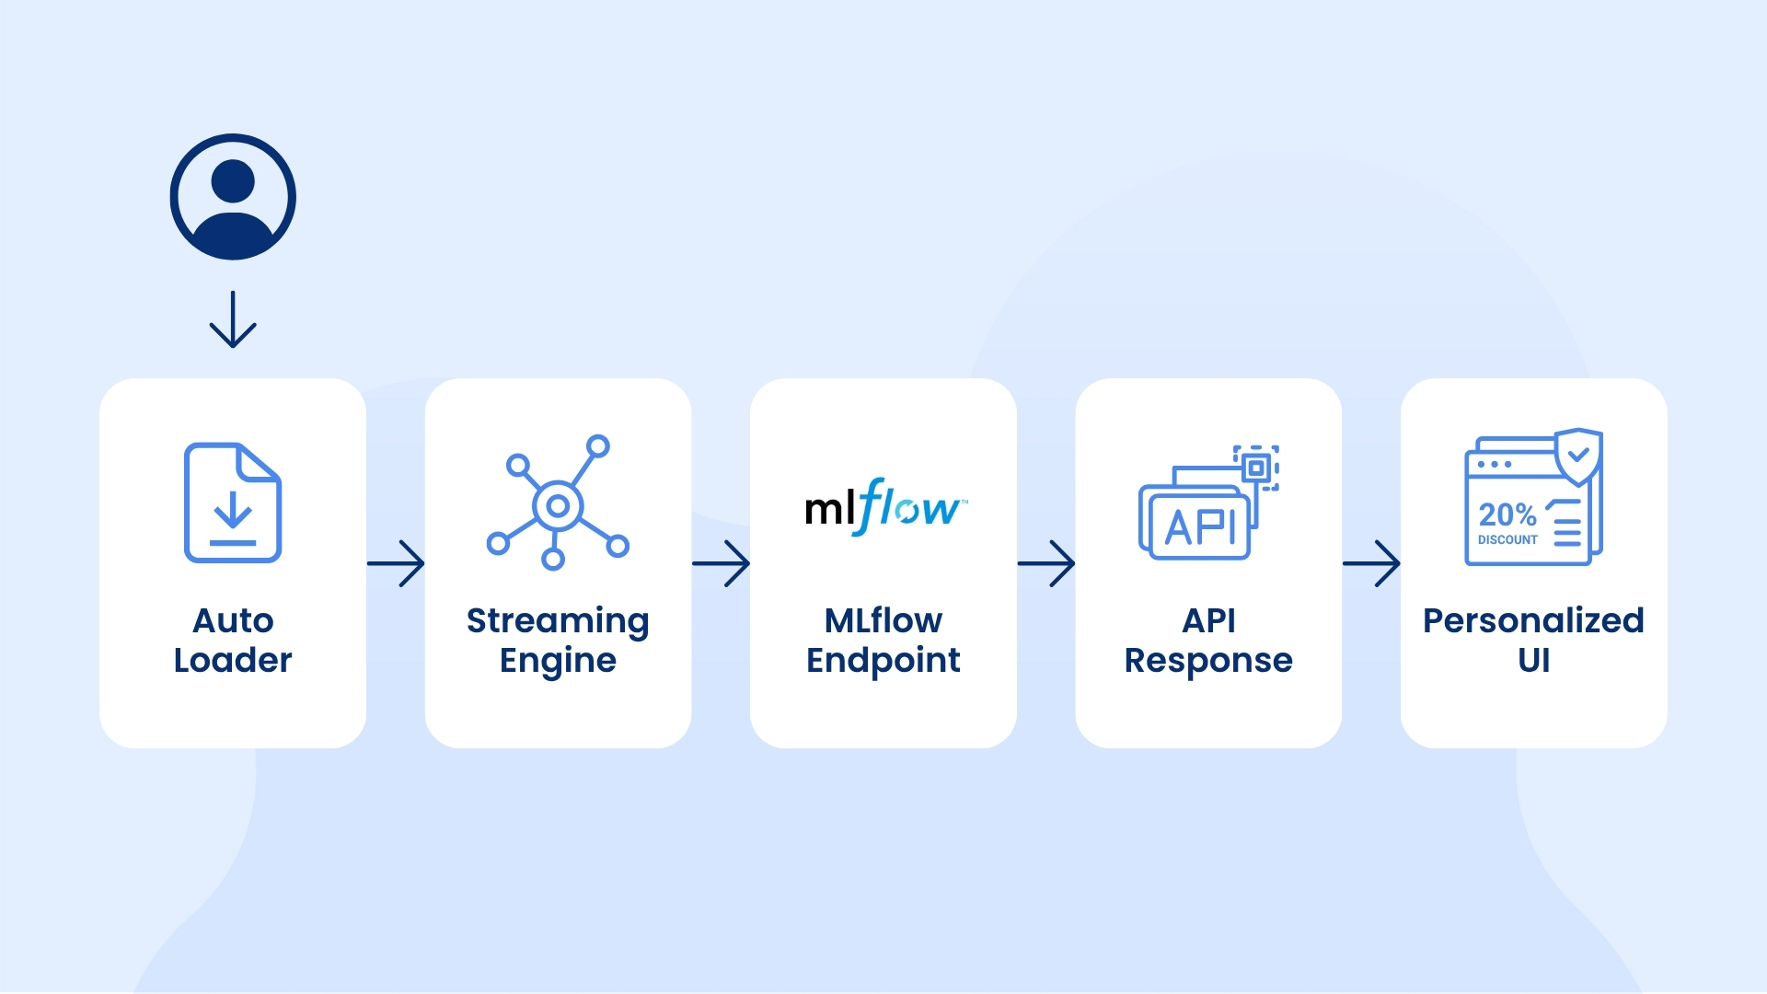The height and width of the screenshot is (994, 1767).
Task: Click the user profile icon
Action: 233,197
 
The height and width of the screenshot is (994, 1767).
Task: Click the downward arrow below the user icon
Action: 233,318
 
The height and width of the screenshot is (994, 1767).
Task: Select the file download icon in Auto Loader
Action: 233,503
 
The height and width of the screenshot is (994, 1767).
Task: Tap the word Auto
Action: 233,620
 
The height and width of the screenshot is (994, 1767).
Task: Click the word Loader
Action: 233,660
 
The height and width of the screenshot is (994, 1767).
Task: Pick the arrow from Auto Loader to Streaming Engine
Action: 396,563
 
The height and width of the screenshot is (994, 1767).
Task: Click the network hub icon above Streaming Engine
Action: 558,503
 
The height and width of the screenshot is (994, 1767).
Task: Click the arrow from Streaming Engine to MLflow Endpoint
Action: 722,563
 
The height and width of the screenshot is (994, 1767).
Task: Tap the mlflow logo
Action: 885,506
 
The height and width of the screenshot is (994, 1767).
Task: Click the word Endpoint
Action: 883,661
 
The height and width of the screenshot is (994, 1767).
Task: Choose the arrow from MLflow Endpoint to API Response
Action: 1046,563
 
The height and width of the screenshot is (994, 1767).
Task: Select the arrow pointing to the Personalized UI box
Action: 1371,563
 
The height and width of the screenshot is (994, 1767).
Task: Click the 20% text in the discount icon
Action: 1507,514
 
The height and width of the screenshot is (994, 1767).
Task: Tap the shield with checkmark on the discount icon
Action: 1578,457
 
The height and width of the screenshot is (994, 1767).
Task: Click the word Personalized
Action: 1533,620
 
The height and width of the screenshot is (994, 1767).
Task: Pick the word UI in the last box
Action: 1534,660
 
